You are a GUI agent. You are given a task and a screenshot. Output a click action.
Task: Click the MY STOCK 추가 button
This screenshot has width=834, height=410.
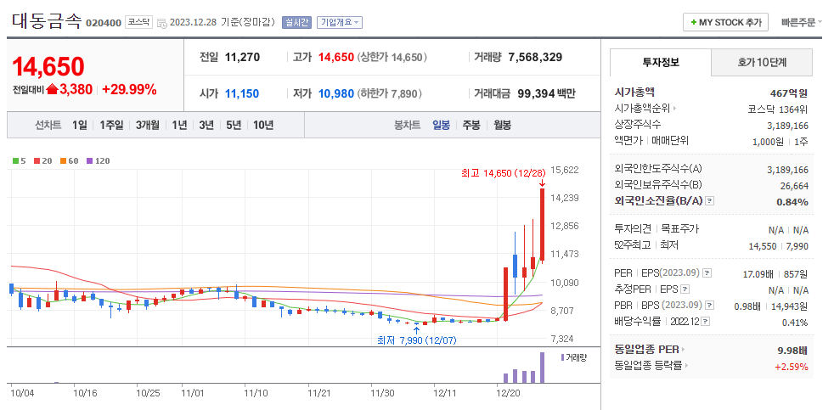click(726, 22)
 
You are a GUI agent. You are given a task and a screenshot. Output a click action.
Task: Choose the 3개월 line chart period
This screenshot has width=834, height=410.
click(148, 126)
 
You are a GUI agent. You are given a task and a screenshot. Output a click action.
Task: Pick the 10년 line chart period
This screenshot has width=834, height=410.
click(262, 126)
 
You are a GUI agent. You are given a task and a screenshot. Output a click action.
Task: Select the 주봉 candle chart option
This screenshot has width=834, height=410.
click(471, 126)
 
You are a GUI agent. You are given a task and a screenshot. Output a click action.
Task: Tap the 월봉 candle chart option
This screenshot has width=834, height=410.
click(502, 126)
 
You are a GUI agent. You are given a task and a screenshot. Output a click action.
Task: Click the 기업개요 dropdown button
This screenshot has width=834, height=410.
click(340, 23)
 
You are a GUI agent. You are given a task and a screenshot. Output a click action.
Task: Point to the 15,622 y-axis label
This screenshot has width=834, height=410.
click(565, 170)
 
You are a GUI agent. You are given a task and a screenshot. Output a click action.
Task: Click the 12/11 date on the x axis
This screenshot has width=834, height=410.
click(446, 393)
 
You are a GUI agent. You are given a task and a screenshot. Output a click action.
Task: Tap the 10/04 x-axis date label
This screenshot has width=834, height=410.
click(22, 393)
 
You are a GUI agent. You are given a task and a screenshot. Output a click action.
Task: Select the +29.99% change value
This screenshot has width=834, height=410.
click(129, 89)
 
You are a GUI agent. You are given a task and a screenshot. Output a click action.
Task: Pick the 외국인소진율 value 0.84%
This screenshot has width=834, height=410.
click(792, 201)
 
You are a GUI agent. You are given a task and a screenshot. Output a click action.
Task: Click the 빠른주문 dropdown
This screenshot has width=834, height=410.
click(801, 23)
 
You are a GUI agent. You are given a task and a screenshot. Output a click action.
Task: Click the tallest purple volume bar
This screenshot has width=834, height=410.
click(542, 367)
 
